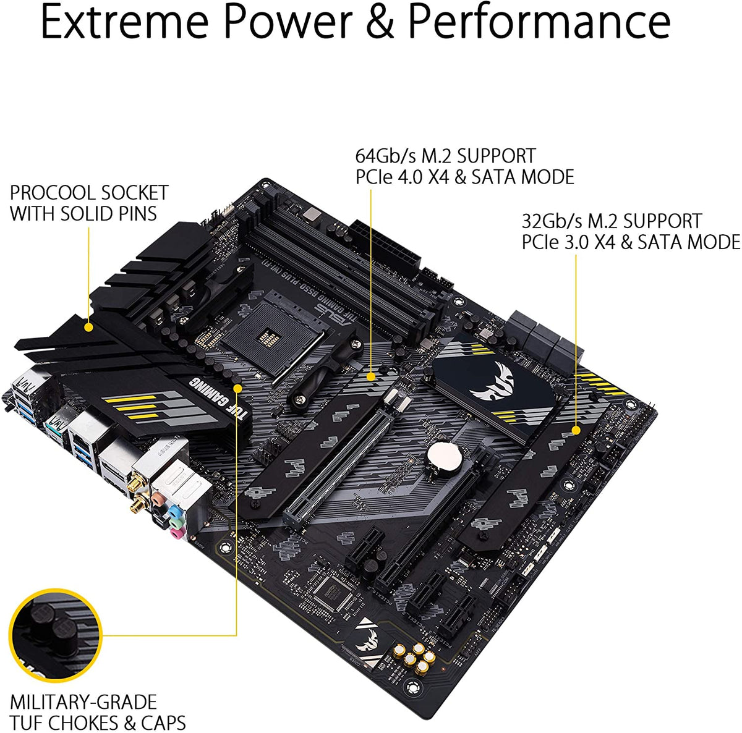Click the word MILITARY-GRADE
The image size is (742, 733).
coord(83,702)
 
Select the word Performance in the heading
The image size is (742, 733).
coord(539,22)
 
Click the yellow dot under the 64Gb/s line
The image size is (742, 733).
coord(371,375)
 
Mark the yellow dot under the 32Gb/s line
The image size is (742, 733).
coord(576,430)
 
